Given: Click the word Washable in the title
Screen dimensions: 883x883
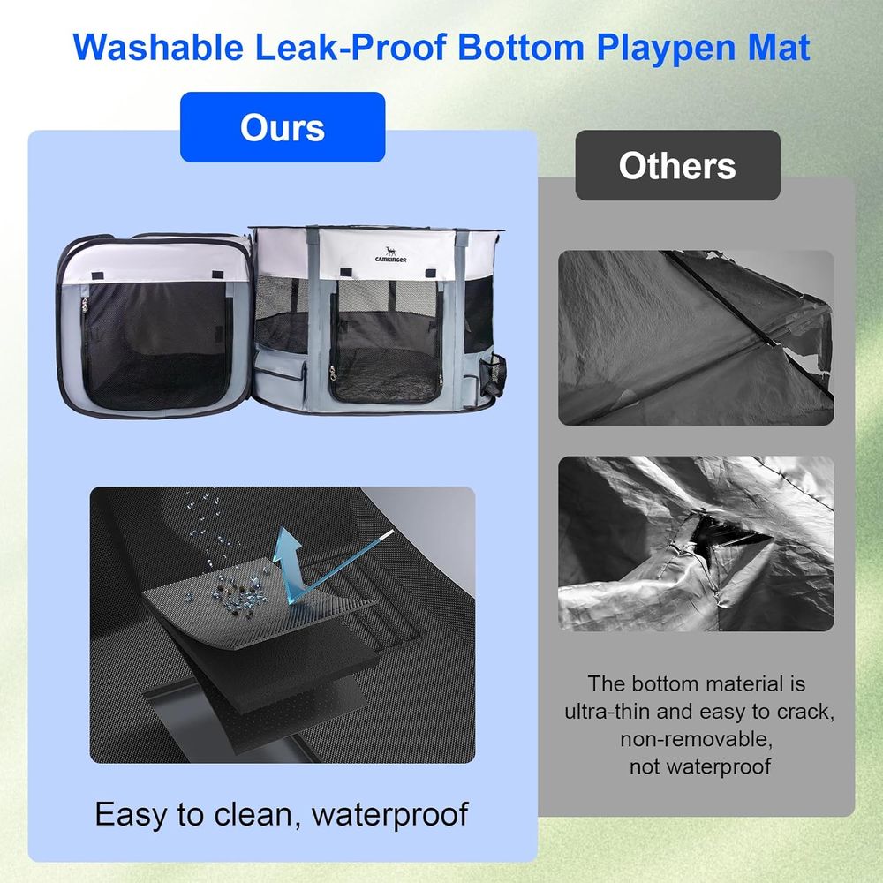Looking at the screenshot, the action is [158, 47].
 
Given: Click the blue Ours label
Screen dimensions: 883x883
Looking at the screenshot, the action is [283, 127].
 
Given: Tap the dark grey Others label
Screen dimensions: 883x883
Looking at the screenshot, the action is [677, 166].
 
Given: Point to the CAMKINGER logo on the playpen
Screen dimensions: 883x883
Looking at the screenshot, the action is [390, 255].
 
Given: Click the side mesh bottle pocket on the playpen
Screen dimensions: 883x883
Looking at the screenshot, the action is [494, 374].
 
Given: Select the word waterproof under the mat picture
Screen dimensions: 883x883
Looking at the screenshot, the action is [389, 814].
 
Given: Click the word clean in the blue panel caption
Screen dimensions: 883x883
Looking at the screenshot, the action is [255, 814].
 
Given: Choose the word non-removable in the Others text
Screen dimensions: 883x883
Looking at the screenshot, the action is [697, 739].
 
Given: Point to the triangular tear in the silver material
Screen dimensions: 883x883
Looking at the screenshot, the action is [727, 532].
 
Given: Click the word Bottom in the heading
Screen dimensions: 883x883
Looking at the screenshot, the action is [521, 47].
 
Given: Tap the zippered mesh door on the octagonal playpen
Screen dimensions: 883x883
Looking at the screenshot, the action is [387, 343].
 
